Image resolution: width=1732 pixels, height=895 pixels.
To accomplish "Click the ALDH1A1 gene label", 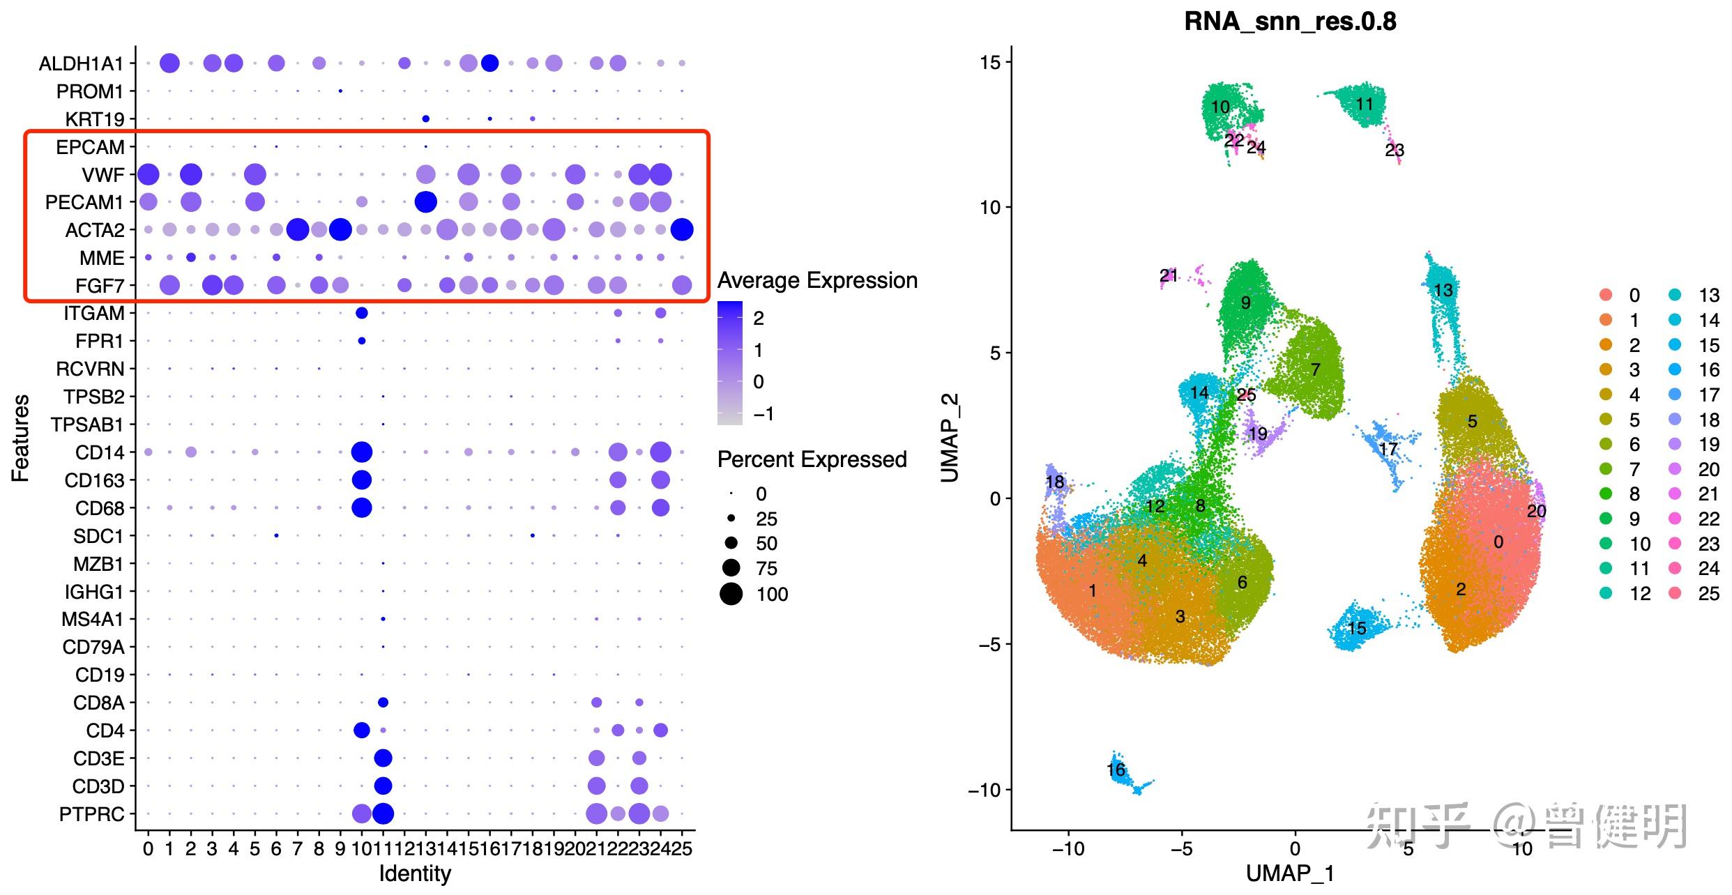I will point(81,64).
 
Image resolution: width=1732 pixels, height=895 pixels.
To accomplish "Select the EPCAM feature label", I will point(90,147).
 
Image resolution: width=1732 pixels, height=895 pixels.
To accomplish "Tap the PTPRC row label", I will point(91,814).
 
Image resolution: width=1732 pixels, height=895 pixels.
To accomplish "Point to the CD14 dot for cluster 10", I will point(361,452).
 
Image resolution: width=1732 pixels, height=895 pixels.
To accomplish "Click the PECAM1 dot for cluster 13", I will point(425,202).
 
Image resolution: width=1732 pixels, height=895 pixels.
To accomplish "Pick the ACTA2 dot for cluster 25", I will point(682,229).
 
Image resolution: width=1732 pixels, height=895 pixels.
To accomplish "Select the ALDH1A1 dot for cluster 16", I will point(489,63).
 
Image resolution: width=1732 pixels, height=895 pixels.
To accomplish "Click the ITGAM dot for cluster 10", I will point(361,314).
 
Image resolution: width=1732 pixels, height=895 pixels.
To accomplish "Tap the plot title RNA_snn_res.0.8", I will point(1290,22).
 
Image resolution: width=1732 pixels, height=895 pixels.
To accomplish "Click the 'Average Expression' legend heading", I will point(817,280).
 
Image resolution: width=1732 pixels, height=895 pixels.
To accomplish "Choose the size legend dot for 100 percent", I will point(731,595).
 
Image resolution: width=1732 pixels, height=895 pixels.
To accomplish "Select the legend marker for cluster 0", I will point(1606,295).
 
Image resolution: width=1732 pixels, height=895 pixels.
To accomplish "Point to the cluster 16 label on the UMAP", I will point(1116,770).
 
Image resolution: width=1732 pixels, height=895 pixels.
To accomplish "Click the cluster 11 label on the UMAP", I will point(1364,104).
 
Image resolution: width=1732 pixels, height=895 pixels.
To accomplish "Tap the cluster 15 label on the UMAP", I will point(1356,628).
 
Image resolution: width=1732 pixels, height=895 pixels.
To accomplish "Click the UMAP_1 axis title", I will point(1290,873).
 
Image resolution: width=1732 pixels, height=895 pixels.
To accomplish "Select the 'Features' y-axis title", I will point(20,438).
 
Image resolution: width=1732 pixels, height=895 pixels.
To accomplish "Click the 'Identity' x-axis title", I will point(415,873).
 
